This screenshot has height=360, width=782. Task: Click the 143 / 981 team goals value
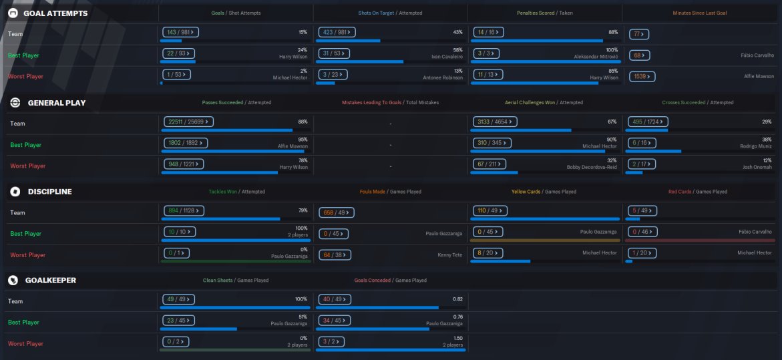tap(182, 32)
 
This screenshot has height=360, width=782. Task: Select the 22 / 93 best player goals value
tap(177, 53)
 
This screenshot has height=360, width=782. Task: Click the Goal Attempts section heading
tap(55, 13)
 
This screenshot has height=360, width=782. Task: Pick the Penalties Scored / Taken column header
tap(544, 13)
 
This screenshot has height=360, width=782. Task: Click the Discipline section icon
tap(15, 192)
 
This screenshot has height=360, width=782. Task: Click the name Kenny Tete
tap(450, 254)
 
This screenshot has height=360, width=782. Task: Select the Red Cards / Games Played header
tap(698, 192)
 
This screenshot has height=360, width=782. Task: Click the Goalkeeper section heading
tap(52, 281)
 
